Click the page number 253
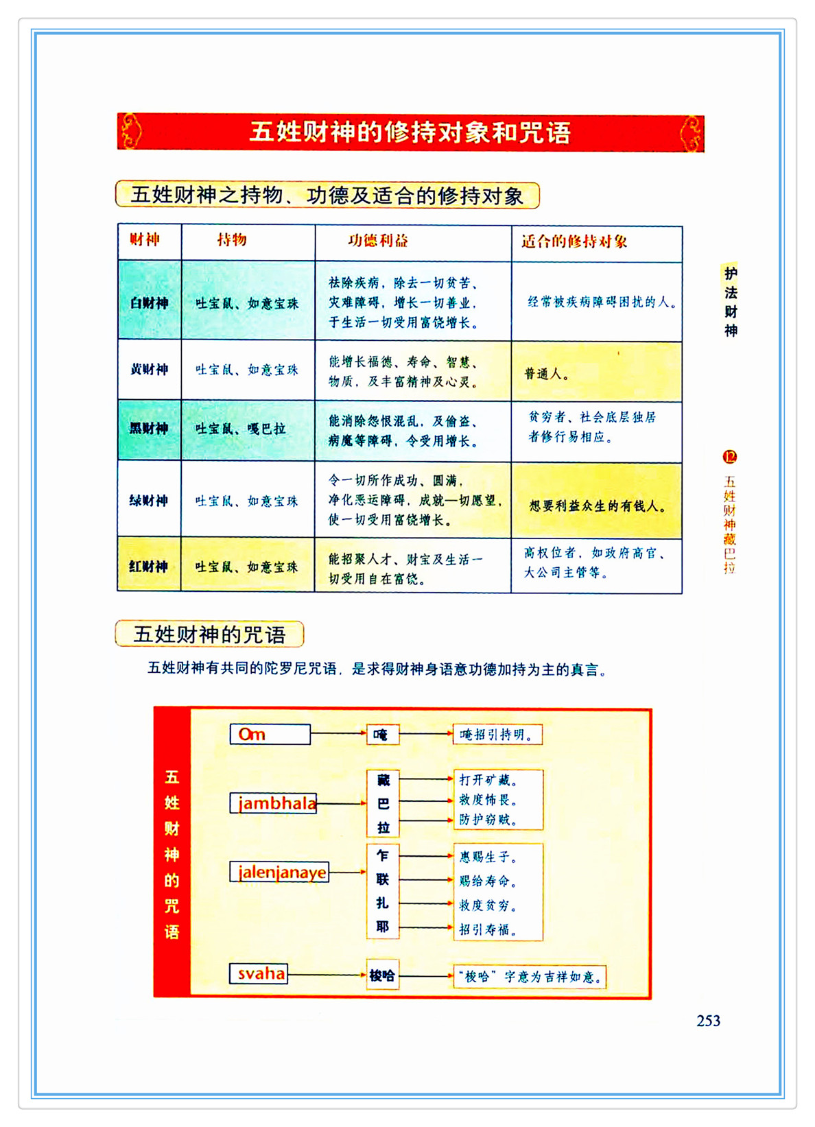[x=708, y=1021]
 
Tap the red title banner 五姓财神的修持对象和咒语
[x=410, y=132]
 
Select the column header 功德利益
[x=378, y=241]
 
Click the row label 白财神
[x=149, y=302]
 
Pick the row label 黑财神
[x=149, y=429]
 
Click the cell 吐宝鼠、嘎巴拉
[x=240, y=429]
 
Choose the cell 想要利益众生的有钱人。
[x=597, y=506]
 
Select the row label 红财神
[x=149, y=567]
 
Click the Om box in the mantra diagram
[x=270, y=734]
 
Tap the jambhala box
[x=274, y=803]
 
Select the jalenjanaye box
[x=279, y=872]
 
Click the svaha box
[x=259, y=973]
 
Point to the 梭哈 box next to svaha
[x=382, y=975]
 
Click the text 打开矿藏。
[x=488, y=780]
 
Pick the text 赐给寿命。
[x=488, y=881]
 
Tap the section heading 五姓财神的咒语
[x=209, y=634]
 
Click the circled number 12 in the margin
[x=730, y=457]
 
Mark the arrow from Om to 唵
[x=338, y=733]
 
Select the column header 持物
[x=232, y=240]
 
